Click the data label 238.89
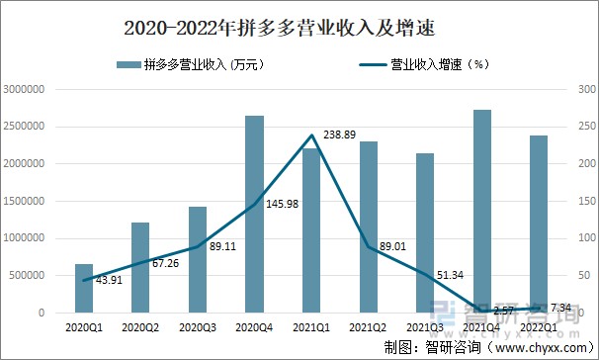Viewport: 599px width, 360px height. tap(338, 134)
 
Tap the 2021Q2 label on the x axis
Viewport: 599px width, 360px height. tap(368, 325)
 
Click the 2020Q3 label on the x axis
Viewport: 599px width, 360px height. tap(198, 325)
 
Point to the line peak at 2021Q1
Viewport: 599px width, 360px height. tap(311, 135)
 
